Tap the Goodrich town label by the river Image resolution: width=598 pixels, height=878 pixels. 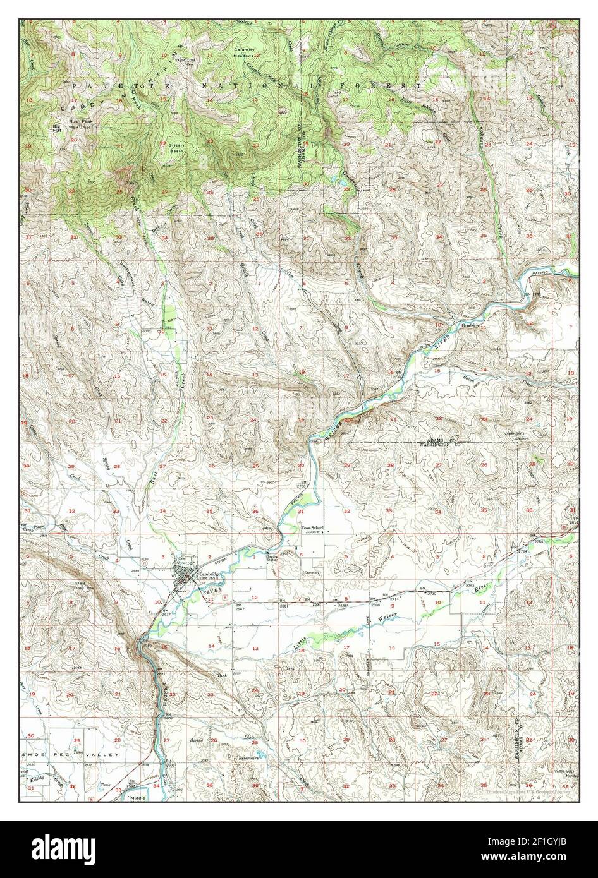click(x=472, y=326)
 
